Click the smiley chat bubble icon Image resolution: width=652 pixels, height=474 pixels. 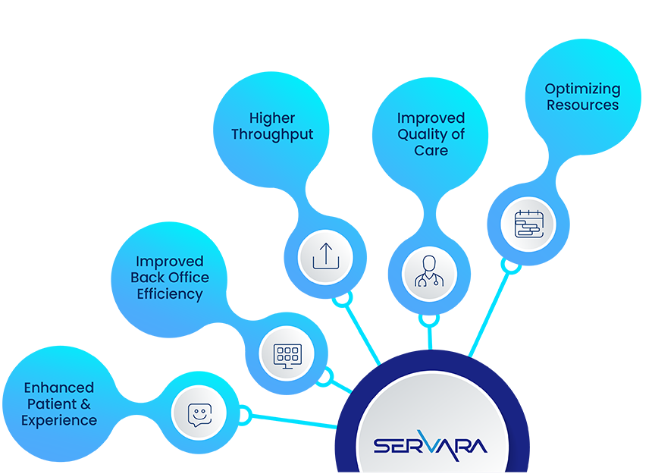point(199,413)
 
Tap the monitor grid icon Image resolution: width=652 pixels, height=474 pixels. point(287,353)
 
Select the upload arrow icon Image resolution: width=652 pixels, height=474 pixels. point(325,257)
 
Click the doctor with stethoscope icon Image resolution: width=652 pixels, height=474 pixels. point(429,273)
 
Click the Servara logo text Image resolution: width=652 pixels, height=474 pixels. point(431,444)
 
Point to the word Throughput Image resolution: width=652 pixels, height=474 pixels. point(272,135)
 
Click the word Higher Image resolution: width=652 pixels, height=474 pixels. point(272,118)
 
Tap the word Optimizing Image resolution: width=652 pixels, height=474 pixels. point(582,89)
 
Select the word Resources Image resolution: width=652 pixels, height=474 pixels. point(582,105)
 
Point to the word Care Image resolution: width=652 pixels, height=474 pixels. point(431,150)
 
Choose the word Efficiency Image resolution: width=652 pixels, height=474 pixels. point(170,294)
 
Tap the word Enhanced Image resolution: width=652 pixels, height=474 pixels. point(59,388)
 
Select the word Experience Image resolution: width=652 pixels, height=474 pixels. point(59,420)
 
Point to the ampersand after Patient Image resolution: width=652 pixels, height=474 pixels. point(85,404)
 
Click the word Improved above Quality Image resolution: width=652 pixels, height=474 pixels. point(431,118)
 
